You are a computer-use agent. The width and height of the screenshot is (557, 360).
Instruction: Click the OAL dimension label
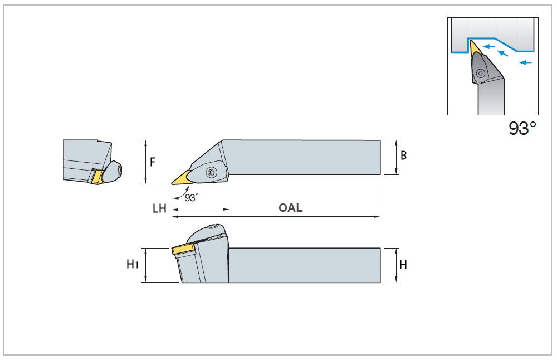[291, 208]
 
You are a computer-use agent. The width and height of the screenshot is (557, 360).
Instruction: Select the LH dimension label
[160, 208]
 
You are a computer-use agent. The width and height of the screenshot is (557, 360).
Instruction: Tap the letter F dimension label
[153, 162]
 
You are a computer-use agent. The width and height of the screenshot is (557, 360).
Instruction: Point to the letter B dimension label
[404, 155]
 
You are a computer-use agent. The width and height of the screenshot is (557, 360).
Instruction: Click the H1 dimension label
[132, 264]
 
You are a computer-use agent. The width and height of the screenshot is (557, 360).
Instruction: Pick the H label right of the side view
[403, 265]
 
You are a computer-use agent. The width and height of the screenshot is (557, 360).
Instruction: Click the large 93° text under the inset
[522, 129]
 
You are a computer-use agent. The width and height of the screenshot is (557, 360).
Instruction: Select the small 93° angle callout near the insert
[191, 197]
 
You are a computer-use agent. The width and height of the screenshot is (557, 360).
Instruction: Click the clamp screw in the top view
[211, 173]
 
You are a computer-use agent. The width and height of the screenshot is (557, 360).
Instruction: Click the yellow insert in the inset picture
[475, 49]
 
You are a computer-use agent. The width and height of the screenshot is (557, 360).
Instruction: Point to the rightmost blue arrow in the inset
[525, 62]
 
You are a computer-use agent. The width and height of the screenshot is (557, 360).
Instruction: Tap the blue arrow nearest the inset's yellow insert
[490, 47]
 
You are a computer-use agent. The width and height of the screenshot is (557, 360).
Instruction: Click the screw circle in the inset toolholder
[480, 72]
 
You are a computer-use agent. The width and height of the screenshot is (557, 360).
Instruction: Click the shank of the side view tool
[304, 265]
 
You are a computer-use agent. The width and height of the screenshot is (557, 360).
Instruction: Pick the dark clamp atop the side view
[207, 232]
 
